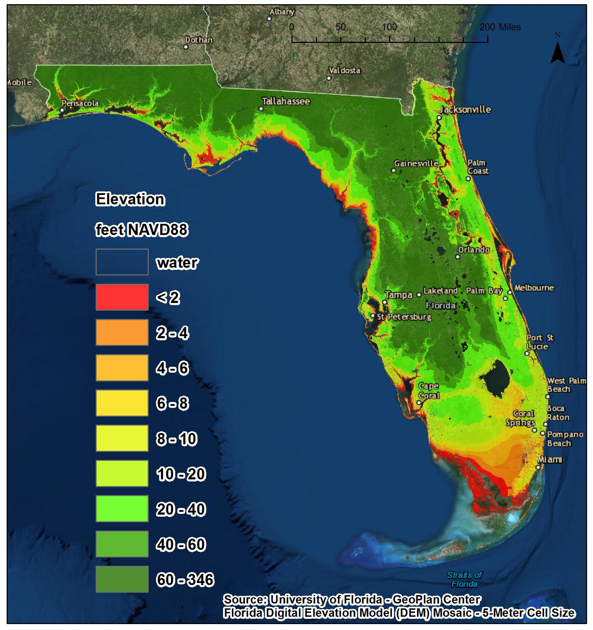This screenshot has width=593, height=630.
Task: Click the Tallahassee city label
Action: pos(286,101)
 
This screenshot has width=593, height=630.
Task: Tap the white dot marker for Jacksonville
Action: pos(439,117)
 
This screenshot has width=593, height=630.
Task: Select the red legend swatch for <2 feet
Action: pos(122,297)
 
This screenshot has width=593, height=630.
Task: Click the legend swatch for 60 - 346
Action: pos(122,579)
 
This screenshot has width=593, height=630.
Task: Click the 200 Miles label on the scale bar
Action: pos(500,27)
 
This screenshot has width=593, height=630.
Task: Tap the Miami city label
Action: pos(550,459)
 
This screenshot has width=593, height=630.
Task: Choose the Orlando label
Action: pos(474,250)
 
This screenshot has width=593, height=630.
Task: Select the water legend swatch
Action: pos(122,262)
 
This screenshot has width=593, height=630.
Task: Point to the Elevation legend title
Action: pos(130,199)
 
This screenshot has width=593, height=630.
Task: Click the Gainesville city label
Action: pos(416,163)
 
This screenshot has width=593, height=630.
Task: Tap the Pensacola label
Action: pos(80,103)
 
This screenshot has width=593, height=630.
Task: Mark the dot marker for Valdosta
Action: pos(329,78)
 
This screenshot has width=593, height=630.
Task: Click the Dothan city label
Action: pos(199,40)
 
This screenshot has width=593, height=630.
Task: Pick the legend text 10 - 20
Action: pos(181,474)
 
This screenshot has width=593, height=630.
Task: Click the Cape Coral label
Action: pos(429,391)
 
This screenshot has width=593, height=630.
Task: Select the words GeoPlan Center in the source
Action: pos(436,599)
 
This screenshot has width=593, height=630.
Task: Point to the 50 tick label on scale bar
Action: pos(340,27)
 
